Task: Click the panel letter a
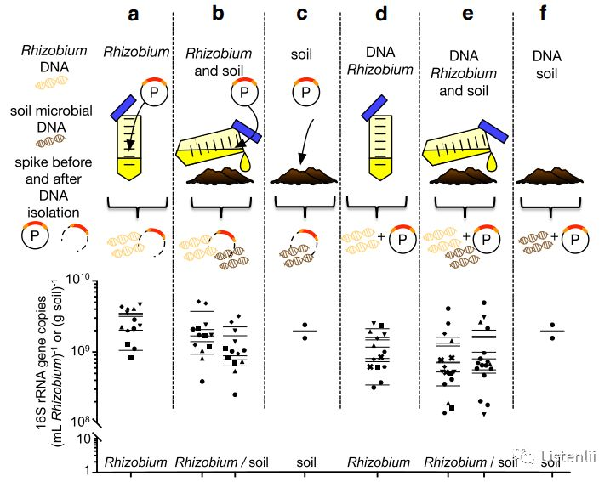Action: pyautogui.click(x=132, y=14)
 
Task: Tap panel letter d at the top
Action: pyautogui.click(x=379, y=14)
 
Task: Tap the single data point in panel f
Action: pyautogui.click(x=552, y=337)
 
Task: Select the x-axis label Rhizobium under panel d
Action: pyautogui.click(x=379, y=462)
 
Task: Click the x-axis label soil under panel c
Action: pyautogui.click(x=305, y=462)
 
